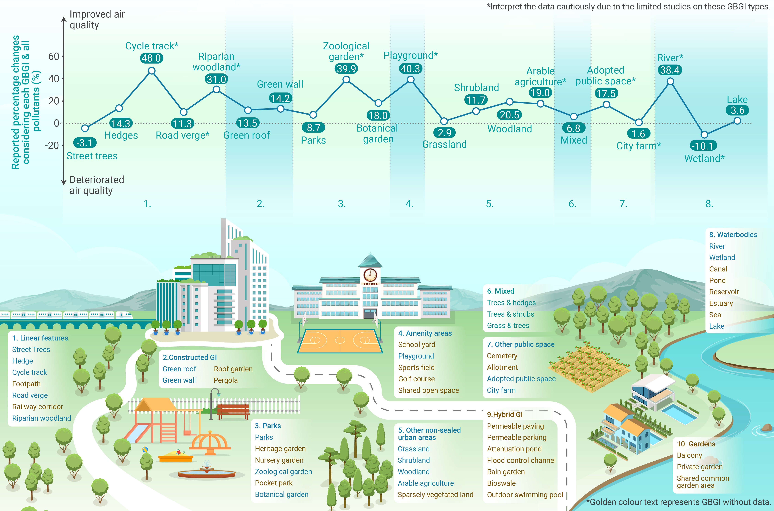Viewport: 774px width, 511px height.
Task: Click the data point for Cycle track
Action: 152,71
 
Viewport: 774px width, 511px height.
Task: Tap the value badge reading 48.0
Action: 152,58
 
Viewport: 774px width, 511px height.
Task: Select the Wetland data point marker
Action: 704,135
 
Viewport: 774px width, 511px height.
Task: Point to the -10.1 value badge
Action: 704,146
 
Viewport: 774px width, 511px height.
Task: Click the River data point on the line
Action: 670,81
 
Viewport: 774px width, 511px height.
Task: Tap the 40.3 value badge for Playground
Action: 410,69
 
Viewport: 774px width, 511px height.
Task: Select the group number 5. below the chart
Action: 490,204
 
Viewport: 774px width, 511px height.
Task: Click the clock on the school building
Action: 370,275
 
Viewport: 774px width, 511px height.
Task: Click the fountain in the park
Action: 207,471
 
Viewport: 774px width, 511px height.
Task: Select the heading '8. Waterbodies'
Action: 733,235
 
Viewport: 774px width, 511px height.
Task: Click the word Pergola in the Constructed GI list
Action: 226,380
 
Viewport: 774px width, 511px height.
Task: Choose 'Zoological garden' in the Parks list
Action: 283,472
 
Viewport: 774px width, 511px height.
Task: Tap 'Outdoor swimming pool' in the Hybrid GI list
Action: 525,495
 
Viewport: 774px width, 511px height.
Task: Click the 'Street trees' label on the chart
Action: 92,156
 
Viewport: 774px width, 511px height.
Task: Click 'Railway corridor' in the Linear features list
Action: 37,407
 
